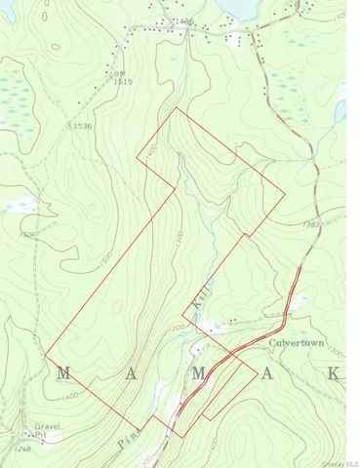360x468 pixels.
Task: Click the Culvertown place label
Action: click(x=292, y=344)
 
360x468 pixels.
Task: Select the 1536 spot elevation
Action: click(x=81, y=127)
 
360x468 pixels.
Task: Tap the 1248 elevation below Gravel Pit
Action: click(x=24, y=449)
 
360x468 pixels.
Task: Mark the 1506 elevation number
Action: click(x=26, y=235)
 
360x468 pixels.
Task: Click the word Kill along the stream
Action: click(x=198, y=294)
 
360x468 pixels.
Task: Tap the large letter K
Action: click(x=334, y=373)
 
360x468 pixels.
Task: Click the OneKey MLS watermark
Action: click(x=341, y=462)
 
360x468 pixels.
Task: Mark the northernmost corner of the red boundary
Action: click(x=177, y=108)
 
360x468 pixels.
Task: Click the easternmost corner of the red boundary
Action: click(x=285, y=192)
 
